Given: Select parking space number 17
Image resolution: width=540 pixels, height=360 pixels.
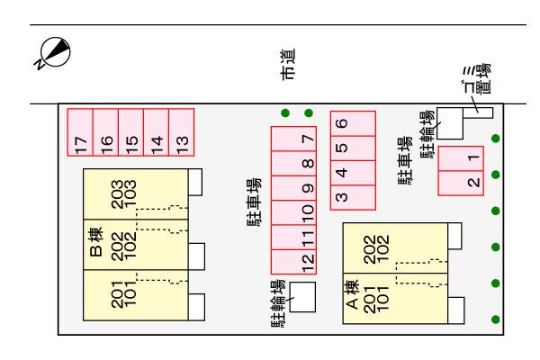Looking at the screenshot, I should click(x=81, y=133).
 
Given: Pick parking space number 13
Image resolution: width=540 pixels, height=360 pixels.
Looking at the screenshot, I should click(x=181, y=133).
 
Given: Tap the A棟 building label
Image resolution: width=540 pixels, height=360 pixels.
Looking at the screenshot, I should click(x=354, y=298).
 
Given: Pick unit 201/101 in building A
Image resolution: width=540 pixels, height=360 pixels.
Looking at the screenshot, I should click(x=378, y=297).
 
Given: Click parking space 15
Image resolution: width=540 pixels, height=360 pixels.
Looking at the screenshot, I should click(x=131, y=133).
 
